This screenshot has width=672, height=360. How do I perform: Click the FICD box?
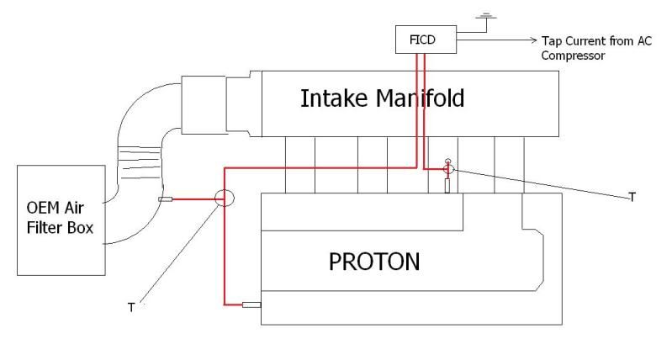(421, 39)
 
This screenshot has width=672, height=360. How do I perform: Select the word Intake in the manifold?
(333, 98)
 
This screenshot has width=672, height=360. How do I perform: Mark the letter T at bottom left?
(130, 308)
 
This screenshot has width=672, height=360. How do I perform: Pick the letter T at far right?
(632, 197)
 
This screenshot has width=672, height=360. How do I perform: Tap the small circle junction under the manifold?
(448, 169)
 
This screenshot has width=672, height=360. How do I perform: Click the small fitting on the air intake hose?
(165, 199)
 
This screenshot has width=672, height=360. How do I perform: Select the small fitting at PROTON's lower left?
(251, 304)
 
